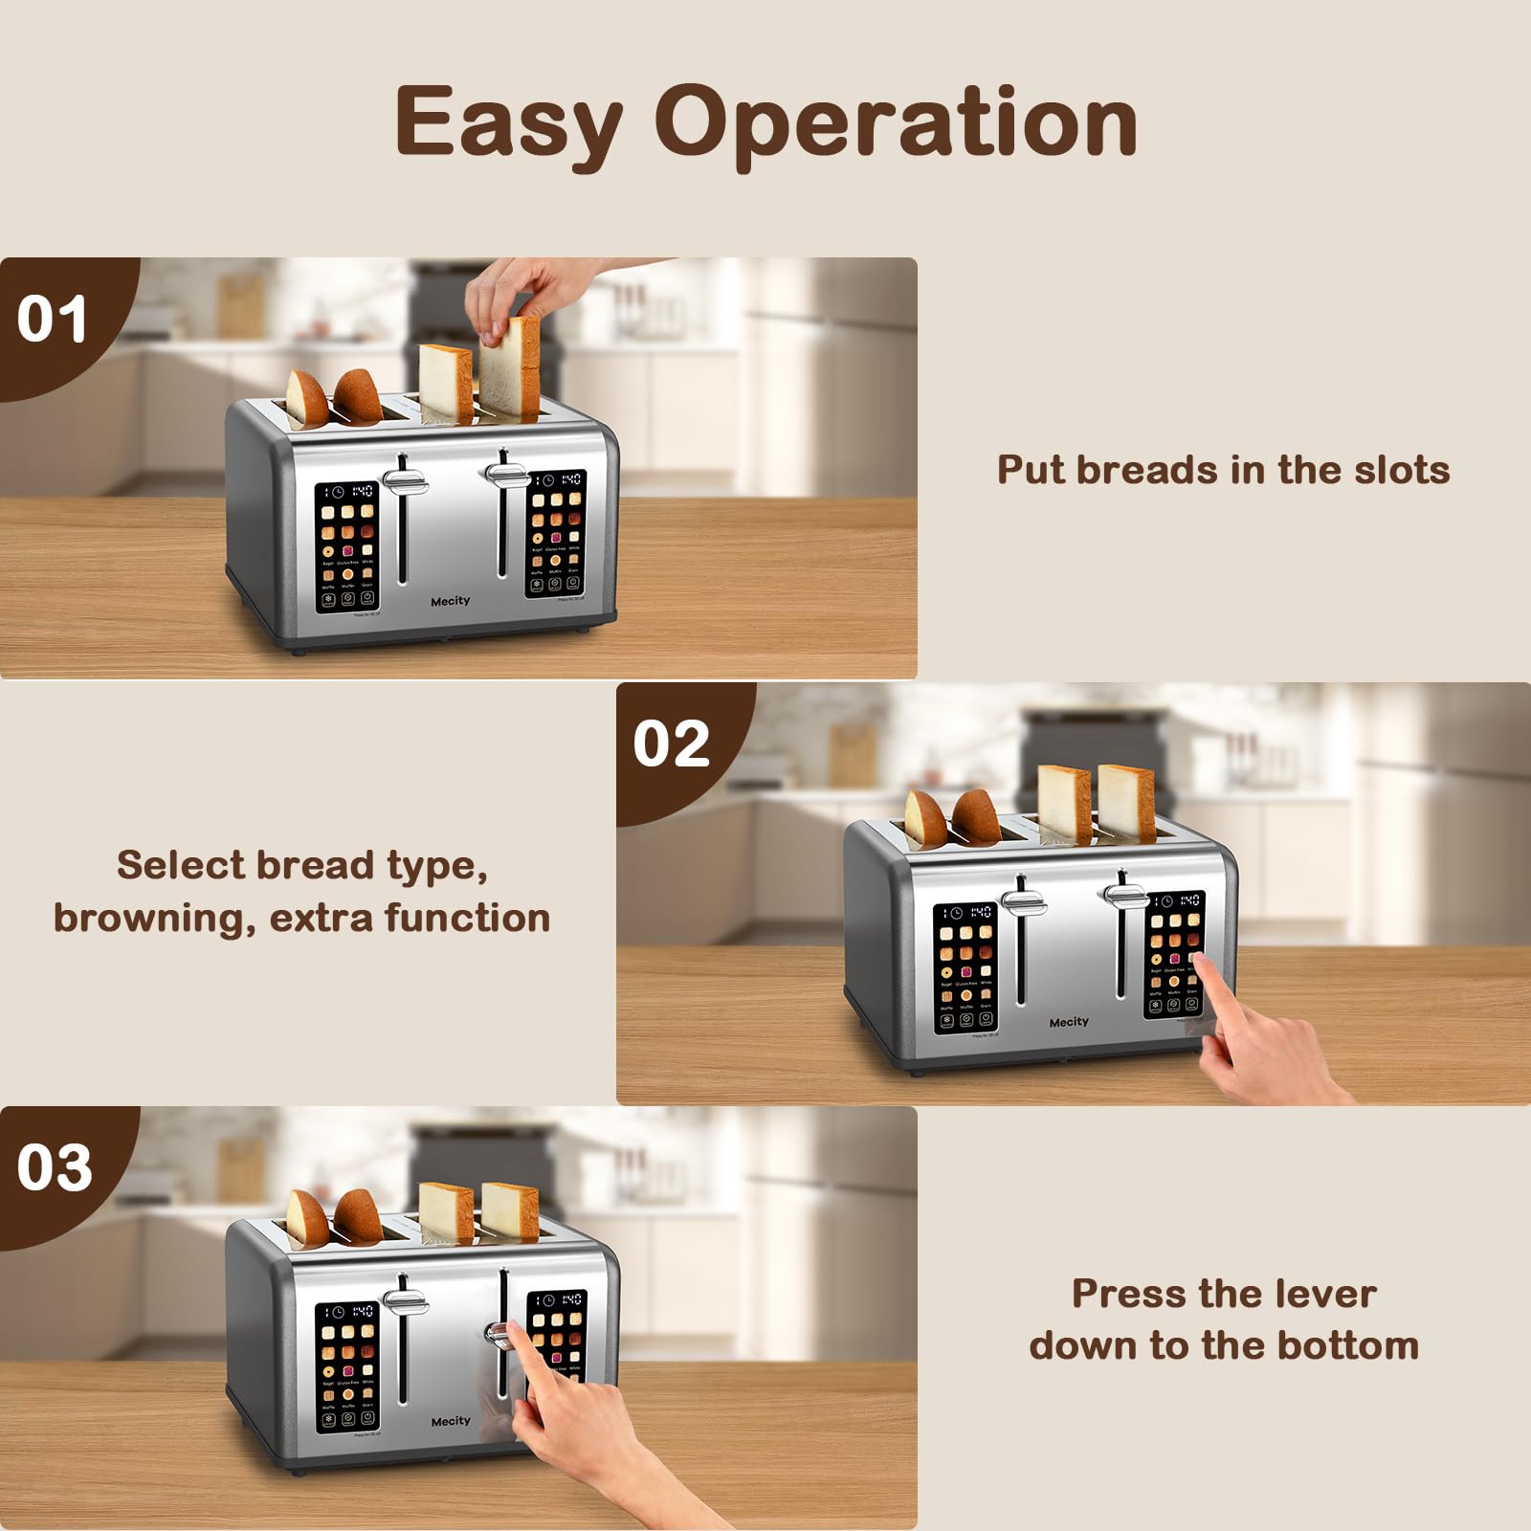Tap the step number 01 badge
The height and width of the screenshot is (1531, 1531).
pyautogui.click(x=52, y=319)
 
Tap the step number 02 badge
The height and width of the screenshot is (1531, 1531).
pyautogui.click(x=671, y=743)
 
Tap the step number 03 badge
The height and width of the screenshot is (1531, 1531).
pyautogui.click(x=54, y=1167)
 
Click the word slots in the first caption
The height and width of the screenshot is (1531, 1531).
pyautogui.click(x=1401, y=470)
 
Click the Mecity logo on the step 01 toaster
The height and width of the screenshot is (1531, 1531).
pyautogui.click(x=450, y=601)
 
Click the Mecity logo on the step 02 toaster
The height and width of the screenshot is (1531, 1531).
pyautogui.click(x=1068, y=1022)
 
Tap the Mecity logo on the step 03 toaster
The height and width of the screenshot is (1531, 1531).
pyautogui.click(x=450, y=1421)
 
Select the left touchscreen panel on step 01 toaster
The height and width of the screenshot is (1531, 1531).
pyautogui.click(x=346, y=547)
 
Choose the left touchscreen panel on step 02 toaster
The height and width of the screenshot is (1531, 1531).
pyautogui.click(x=965, y=968)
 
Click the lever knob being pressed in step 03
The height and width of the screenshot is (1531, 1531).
pyautogui.click(x=499, y=1332)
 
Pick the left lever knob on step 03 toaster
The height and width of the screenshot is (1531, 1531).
pyautogui.click(x=406, y=1300)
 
